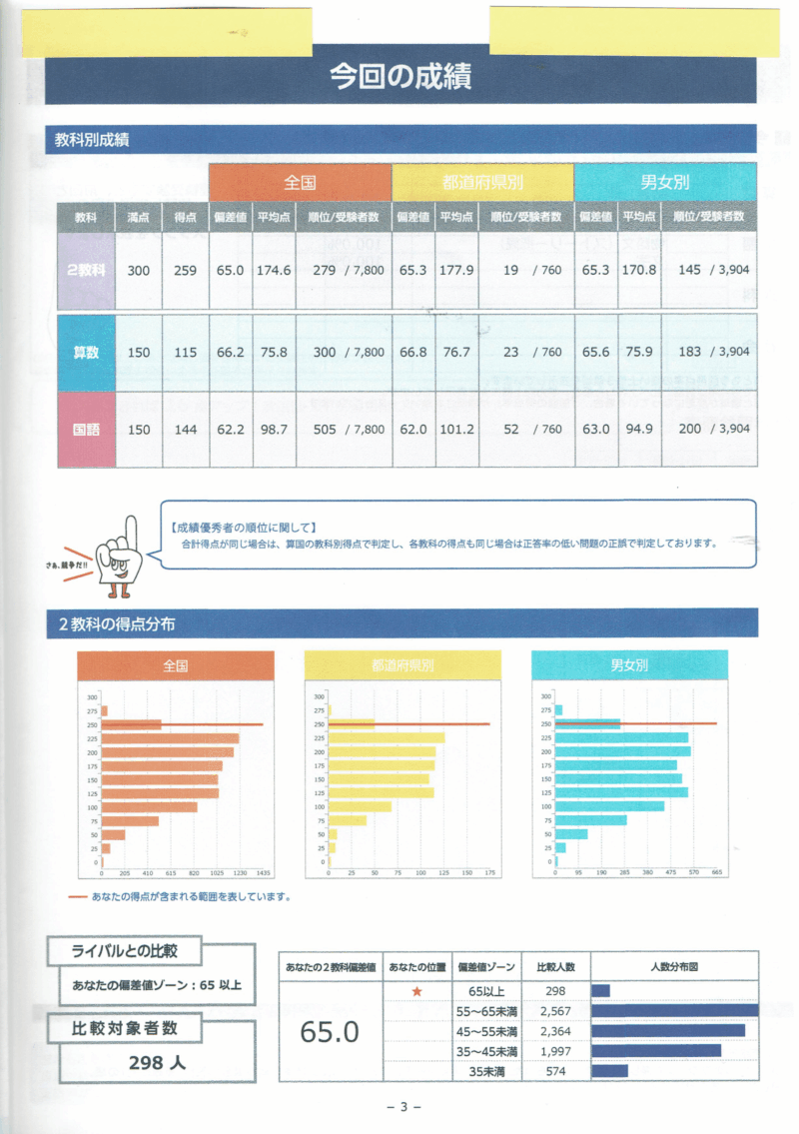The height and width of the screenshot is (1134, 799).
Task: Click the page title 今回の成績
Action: click(x=399, y=77)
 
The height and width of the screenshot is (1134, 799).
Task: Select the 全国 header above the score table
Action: click(x=300, y=183)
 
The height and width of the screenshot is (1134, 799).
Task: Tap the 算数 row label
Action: click(x=86, y=352)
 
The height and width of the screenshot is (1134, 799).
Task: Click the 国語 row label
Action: click(x=86, y=429)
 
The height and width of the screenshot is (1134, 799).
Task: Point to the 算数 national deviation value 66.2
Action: click(x=231, y=352)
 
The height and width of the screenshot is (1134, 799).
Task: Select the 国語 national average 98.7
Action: click(x=274, y=429)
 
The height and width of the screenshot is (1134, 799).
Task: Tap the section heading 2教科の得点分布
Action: click(x=117, y=624)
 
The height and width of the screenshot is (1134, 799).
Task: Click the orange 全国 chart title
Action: click(x=175, y=665)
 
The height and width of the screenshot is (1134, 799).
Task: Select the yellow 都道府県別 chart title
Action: click(x=401, y=665)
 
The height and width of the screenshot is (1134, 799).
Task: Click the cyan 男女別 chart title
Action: click(x=629, y=665)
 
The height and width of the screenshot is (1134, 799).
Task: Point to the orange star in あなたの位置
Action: click(x=417, y=991)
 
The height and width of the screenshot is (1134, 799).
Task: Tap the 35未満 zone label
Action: click(x=486, y=1071)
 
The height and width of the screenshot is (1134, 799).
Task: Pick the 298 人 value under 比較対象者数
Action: click(x=157, y=1062)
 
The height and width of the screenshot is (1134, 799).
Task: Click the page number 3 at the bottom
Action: click(x=403, y=1106)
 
